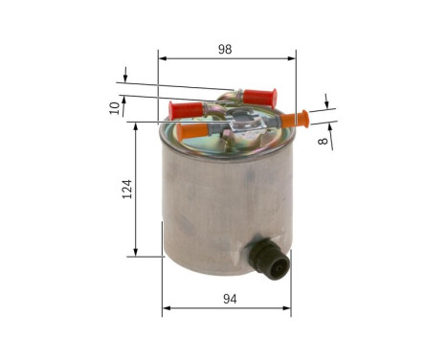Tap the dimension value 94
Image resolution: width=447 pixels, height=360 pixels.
[x=229, y=299]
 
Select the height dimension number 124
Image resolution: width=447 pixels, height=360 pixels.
[x=126, y=188]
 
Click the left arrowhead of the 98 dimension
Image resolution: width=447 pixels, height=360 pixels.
[x=162, y=57]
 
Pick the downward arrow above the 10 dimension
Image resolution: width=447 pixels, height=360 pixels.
[x=125, y=77]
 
